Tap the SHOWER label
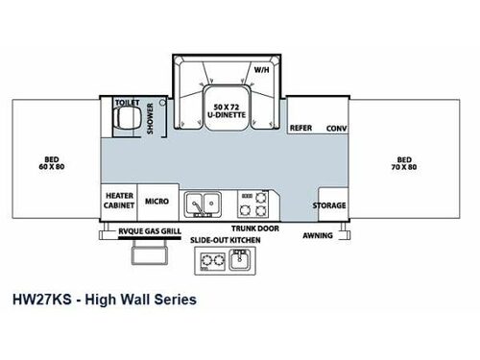point(149,118)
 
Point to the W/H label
point(260,69)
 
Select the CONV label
point(335,128)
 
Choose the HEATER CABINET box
point(119,200)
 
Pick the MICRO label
point(157,202)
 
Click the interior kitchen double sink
point(204,203)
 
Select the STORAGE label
point(328,204)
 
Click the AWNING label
point(318,233)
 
